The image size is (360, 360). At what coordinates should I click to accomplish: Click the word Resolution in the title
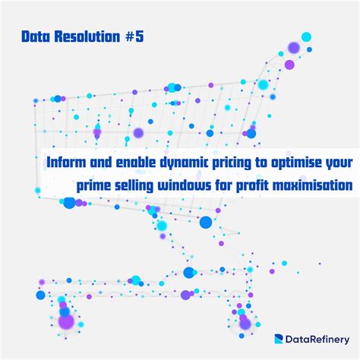pyautogui.click(x=88, y=36)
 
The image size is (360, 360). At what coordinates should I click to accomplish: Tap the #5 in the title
pyautogui.click(x=134, y=36)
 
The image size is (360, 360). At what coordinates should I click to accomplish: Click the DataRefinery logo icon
pyautogui.click(x=279, y=340)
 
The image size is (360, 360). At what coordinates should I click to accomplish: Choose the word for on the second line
pyautogui.click(x=240, y=185)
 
